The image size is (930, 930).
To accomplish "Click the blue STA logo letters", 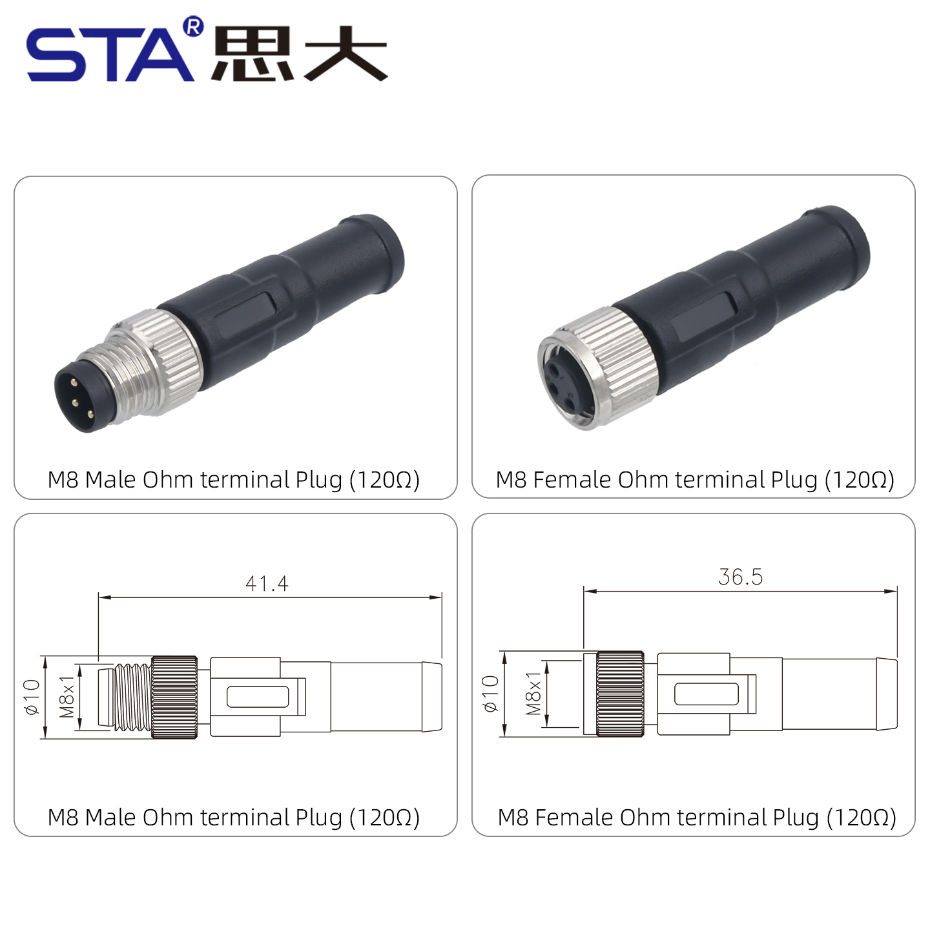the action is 110,54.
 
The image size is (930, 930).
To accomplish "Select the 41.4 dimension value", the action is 267,583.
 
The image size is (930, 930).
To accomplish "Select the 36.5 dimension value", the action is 740,577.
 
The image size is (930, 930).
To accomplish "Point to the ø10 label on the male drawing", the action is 32,697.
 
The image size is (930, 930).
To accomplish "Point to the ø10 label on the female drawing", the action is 490,694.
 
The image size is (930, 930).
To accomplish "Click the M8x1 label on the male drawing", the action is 67,697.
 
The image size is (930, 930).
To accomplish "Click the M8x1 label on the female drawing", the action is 533,693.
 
